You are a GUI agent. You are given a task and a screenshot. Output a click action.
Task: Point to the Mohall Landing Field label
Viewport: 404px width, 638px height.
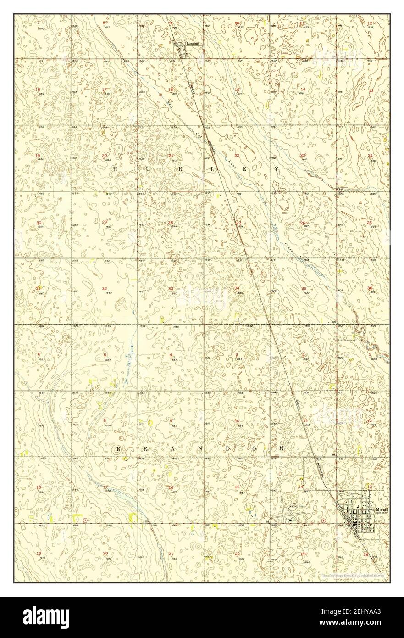(x=293, y=505)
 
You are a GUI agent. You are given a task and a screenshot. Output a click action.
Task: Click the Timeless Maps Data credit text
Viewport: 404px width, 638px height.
(x=353, y=575)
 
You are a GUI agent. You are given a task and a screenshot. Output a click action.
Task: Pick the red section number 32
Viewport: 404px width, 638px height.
(x=105, y=288)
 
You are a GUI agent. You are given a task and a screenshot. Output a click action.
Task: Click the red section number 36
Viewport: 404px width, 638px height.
(x=370, y=288)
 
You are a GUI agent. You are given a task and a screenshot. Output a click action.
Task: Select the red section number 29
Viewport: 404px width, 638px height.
(x=105, y=222)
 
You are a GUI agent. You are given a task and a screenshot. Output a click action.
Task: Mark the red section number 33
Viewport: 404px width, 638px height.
(x=171, y=289)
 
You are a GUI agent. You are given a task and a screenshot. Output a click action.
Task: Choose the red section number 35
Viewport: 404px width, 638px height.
(x=304, y=288)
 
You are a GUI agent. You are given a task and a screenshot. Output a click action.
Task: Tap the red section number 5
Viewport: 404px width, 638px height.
(x=105, y=355)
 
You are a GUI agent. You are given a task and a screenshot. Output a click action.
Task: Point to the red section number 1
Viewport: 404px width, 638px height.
(x=370, y=354)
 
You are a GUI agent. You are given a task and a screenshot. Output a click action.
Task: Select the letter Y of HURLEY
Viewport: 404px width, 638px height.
(x=277, y=169)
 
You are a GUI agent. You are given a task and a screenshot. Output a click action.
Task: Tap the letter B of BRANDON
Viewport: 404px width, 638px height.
(x=118, y=448)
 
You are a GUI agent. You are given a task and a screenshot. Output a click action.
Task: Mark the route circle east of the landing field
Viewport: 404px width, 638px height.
(x=323, y=521)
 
